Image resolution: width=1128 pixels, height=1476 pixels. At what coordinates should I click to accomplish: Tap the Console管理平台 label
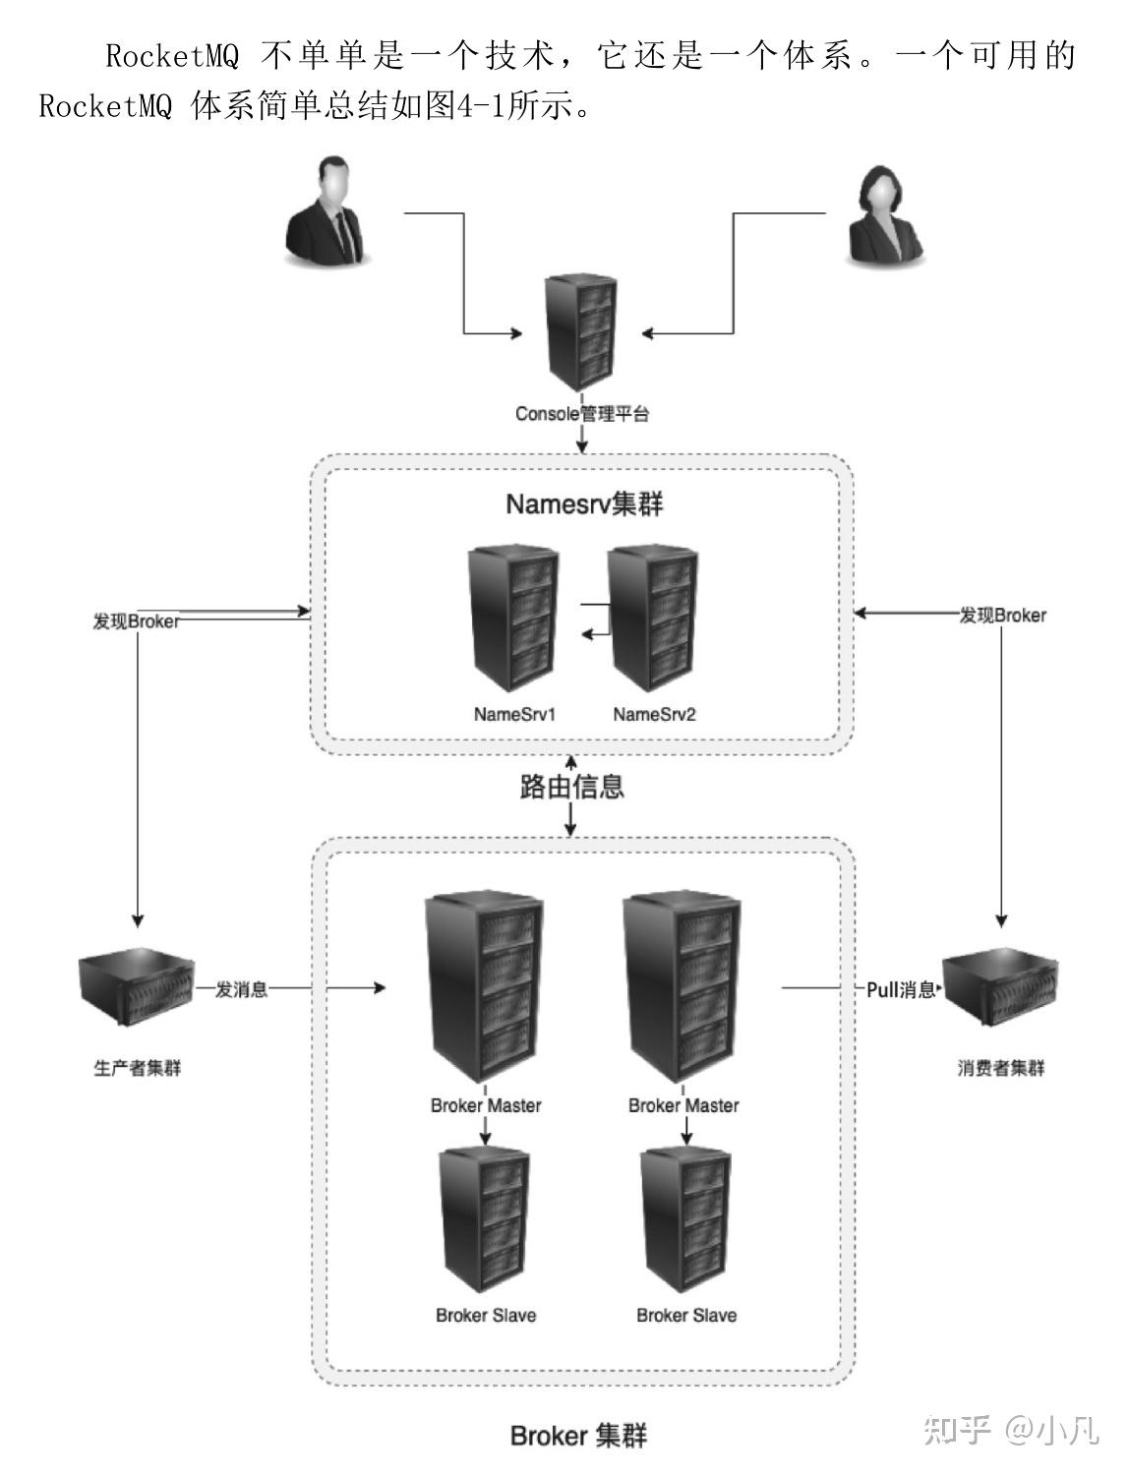(582, 414)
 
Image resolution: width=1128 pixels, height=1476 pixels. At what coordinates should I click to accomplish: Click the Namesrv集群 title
(584, 504)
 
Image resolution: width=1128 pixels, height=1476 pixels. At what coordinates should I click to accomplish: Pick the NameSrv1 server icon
(513, 621)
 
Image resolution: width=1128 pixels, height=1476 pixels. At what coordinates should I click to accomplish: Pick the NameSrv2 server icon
(653, 621)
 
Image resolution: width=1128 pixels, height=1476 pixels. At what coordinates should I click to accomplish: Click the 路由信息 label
(571, 787)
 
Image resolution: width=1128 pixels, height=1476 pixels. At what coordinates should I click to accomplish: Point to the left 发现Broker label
(136, 621)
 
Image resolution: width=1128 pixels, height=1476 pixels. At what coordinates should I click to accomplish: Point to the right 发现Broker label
(1002, 616)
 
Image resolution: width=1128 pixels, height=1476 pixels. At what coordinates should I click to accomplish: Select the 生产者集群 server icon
(137, 989)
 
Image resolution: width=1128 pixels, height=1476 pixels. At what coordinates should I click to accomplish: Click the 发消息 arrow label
(241, 989)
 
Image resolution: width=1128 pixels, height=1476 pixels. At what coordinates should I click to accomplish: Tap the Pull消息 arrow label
(900, 990)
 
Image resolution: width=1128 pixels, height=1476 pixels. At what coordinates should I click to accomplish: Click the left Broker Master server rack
(484, 988)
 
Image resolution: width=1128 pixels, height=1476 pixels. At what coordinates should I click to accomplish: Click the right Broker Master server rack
(682, 988)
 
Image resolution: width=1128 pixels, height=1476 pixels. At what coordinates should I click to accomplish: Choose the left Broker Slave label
(486, 1316)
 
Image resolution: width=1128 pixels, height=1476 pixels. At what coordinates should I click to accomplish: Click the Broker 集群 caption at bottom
(578, 1436)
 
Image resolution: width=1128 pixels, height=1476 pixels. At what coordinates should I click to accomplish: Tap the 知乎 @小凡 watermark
(1010, 1429)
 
